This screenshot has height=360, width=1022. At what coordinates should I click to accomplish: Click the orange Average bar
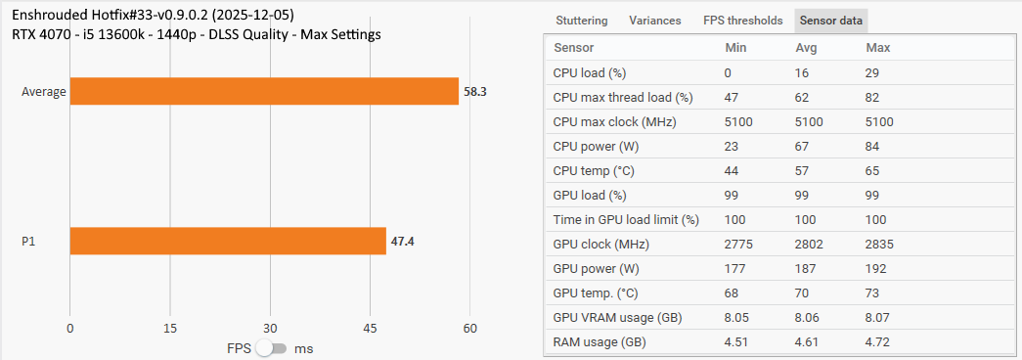click(x=264, y=91)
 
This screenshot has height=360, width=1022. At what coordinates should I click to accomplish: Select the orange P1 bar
click(x=228, y=241)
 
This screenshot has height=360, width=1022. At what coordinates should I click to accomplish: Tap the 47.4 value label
click(x=402, y=241)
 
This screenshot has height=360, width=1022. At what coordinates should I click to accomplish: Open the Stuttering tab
click(x=581, y=21)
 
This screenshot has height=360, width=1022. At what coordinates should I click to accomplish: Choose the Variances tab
click(x=655, y=21)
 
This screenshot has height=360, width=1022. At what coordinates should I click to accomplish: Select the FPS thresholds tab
click(x=742, y=21)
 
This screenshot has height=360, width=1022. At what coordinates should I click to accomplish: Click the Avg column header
click(x=806, y=48)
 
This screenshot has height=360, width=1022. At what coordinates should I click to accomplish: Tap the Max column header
click(x=877, y=48)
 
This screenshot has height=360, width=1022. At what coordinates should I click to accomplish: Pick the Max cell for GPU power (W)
click(x=877, y=268)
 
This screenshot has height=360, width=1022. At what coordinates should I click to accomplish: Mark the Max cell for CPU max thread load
click(x=872, y=97)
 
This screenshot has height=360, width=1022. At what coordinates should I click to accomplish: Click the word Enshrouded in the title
click(x=52, y=16)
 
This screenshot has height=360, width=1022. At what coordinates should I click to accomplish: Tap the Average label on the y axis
click(x=44, y=92)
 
